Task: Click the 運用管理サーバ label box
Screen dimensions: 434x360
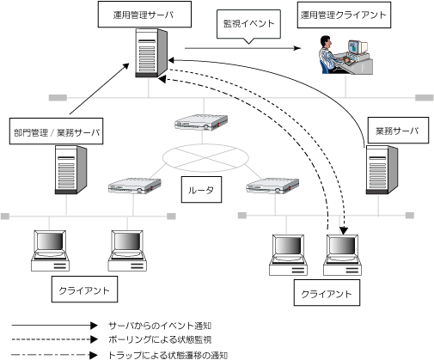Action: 144,15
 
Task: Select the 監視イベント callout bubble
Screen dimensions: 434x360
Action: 248,24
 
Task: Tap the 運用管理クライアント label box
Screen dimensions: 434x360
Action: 344,15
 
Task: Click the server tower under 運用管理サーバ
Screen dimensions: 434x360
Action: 151,53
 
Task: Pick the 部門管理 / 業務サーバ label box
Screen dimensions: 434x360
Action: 56,131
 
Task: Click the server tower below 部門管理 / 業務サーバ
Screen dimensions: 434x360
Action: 70,170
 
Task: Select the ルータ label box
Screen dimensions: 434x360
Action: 201,190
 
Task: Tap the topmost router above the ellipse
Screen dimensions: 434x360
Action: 201,122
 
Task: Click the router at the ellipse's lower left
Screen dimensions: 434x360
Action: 135,186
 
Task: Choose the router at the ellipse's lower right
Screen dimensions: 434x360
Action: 272,186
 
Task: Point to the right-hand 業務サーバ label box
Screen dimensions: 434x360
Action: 398,131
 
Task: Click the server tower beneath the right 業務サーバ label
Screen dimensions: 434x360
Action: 382,170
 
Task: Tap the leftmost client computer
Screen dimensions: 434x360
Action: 50,251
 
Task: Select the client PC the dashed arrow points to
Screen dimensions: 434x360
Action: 342,255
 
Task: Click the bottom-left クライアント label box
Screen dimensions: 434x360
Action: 84,290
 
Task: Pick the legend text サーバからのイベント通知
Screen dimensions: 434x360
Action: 160,326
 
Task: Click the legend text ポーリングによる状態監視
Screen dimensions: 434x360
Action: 160,339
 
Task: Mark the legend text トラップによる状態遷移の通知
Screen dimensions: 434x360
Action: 168,355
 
